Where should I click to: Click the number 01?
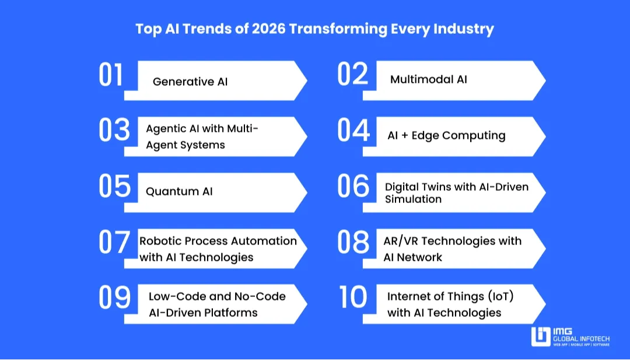111,75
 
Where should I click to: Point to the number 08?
353,243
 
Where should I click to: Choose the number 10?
353,298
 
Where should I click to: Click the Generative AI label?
190,82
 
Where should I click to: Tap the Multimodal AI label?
429,79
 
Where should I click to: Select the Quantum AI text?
179,191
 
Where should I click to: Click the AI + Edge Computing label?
446,135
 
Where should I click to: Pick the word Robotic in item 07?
160,241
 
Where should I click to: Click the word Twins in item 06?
434,187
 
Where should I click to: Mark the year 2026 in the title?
269,29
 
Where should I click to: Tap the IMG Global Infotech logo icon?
540,336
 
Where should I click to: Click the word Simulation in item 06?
413,199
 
